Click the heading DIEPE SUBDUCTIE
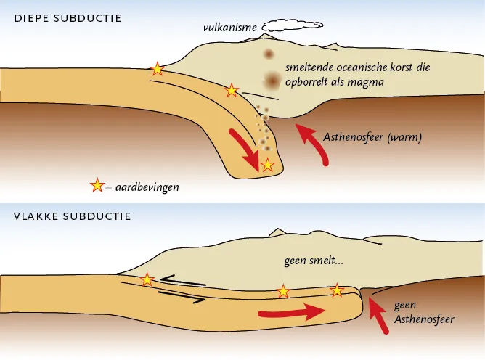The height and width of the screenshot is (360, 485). pos(68,18)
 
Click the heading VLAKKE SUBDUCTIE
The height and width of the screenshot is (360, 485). pos(73,216)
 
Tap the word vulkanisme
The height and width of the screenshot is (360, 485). pos(230,28)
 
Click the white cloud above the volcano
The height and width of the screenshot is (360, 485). pos(293,26)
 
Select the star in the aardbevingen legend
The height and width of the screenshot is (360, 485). pos(97,185)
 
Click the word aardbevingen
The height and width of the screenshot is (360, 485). pos(147,187)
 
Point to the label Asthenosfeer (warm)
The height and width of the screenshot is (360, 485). pos(372,136)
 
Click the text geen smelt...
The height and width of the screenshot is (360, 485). pos(314,261)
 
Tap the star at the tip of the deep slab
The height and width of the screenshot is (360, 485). pos(267,165)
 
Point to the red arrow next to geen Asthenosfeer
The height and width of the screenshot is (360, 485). pos(378,316)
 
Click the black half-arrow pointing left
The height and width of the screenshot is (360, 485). pos(183,279)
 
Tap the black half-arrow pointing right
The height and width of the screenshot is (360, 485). pos(182,296)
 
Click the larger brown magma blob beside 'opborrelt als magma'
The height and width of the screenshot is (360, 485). pos(272,81)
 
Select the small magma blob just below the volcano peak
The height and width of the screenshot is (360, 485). pos(269,54)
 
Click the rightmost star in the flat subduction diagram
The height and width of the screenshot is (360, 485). pos(337,291)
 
